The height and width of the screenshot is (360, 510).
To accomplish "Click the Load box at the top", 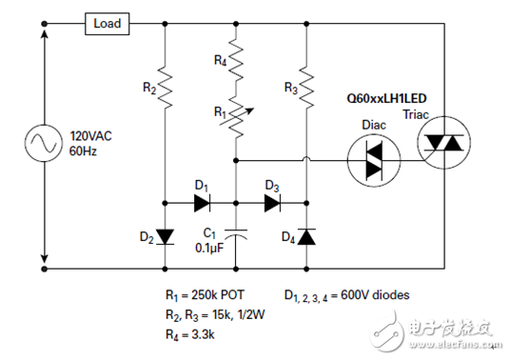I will coord(107,23).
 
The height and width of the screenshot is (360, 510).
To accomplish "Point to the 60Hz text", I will coord(84,150).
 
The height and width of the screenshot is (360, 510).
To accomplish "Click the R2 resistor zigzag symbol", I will coord(166,88).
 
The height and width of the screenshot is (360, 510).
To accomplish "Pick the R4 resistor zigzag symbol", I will coord(235,66).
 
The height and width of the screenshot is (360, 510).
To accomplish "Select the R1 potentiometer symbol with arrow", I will coord(236,117).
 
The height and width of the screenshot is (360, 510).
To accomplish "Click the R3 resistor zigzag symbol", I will coord(307,88).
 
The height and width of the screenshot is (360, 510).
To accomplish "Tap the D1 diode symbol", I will coord(200,202).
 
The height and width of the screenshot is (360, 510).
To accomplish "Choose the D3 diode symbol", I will coord(272,202).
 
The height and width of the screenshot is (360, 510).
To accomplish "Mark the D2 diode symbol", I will coord(166,235).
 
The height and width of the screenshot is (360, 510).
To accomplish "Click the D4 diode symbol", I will coord(307,235).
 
